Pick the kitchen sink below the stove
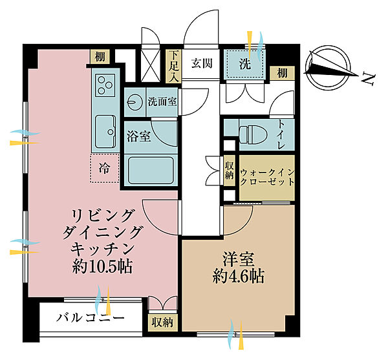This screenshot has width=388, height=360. coord(104,129)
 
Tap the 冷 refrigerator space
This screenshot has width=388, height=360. coord(104,168)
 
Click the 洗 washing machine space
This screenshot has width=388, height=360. coord(244,65)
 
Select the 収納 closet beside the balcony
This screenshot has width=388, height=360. coord(162,321)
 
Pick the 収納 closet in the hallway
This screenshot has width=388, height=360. coord(230,171)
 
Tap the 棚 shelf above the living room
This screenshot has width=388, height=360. coord(98,56)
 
